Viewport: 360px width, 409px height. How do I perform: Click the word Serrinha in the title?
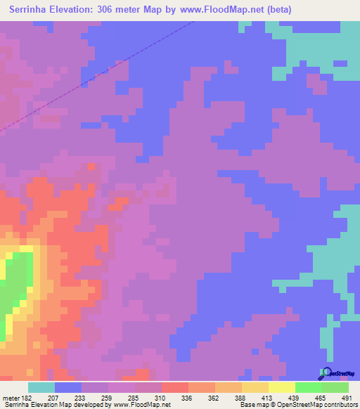[x=33, y=10]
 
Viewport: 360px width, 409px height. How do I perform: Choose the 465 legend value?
[x=320, y=398]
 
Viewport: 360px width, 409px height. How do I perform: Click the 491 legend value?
[x=347, y=398]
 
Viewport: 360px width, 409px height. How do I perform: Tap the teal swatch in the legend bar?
[x=41, y=387]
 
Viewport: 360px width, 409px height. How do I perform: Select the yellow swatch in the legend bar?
[x=281, y=387]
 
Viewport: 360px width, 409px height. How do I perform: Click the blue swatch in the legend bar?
[x=67, y=387]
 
